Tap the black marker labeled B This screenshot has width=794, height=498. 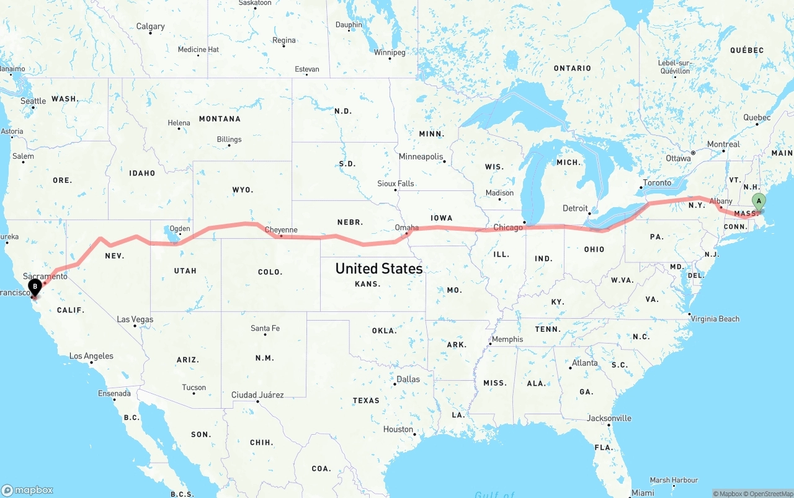35,287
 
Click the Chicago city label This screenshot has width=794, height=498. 508,228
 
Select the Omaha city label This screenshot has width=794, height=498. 407,228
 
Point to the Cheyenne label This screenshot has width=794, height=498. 281,230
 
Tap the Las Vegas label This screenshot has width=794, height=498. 135,319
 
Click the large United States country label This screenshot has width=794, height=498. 378,269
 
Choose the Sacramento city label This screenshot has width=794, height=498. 45,276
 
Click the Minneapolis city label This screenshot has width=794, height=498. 421,156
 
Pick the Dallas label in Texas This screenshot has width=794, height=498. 408,379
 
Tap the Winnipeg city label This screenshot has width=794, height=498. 390,53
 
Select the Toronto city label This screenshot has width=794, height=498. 657,183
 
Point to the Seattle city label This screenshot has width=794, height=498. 33,101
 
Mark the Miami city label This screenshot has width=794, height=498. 643,492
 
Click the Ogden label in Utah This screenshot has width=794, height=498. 180,229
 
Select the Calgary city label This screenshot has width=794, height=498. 150,27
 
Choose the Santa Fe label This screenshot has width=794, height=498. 265,328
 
